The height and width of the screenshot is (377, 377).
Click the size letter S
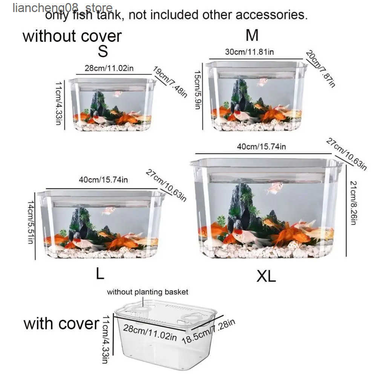[103, 51]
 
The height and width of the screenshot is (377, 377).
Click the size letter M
[252, 35]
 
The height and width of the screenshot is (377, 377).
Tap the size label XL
[266, 276]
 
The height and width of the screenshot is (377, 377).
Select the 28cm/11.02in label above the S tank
[109, 68]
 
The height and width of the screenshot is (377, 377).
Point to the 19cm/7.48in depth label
[170, 82]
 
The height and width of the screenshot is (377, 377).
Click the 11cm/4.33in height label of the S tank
[59, 103]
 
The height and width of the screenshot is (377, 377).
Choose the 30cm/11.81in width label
[249, 52]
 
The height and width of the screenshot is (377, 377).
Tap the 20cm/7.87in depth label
[320, 69]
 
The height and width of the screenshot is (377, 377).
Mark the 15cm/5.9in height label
[198, 90]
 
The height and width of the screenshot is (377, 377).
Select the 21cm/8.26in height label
[353, 203]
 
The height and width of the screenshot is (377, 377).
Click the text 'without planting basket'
[147, 292]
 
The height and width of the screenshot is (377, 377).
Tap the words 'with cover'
[61, 323]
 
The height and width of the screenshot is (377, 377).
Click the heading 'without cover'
[72, 36]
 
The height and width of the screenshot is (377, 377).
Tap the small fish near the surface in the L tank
[109, 211]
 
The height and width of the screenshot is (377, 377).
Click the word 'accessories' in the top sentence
[271, 15]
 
